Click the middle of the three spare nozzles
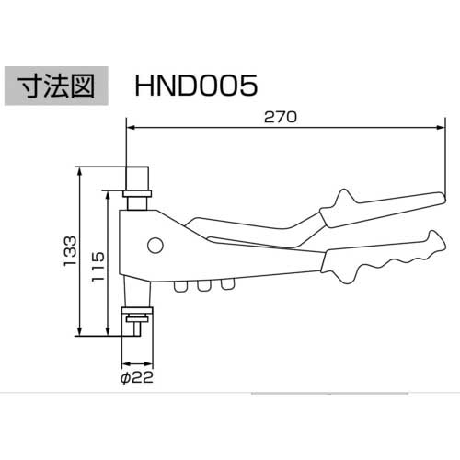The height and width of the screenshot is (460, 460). (x=201, y=288)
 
